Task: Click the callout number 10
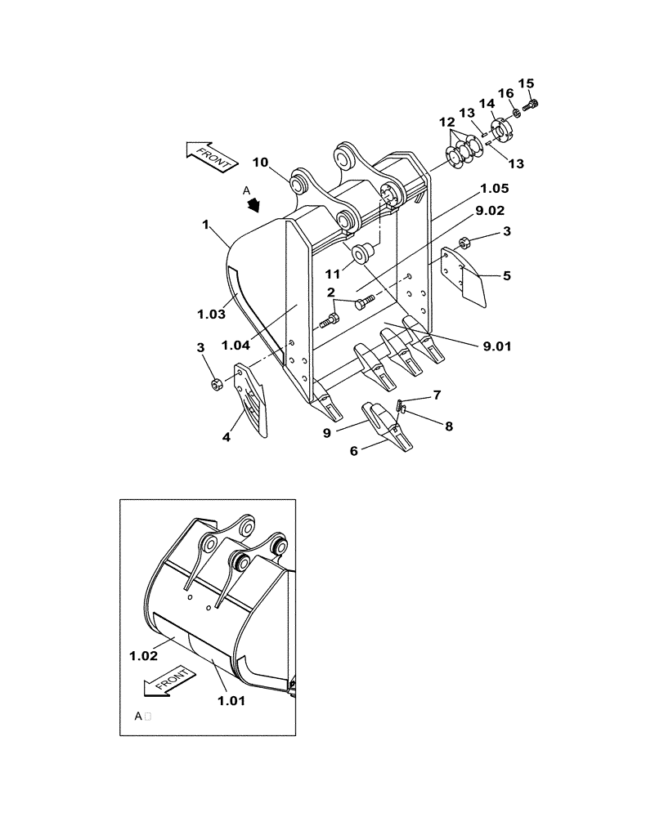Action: [259, 162]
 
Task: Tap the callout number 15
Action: [526, 83]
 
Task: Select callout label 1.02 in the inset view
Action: [143, 654]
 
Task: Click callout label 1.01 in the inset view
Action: [231, 699]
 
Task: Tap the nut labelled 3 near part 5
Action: [463, 242]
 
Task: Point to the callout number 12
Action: [447, 122]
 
